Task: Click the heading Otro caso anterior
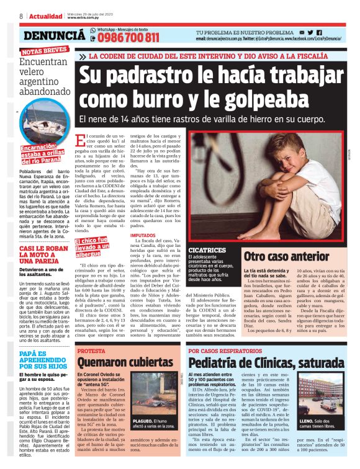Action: [x=285, y=256]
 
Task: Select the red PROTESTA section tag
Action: [x=91, y=351]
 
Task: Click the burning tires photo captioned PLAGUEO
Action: [x=155, y=397]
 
